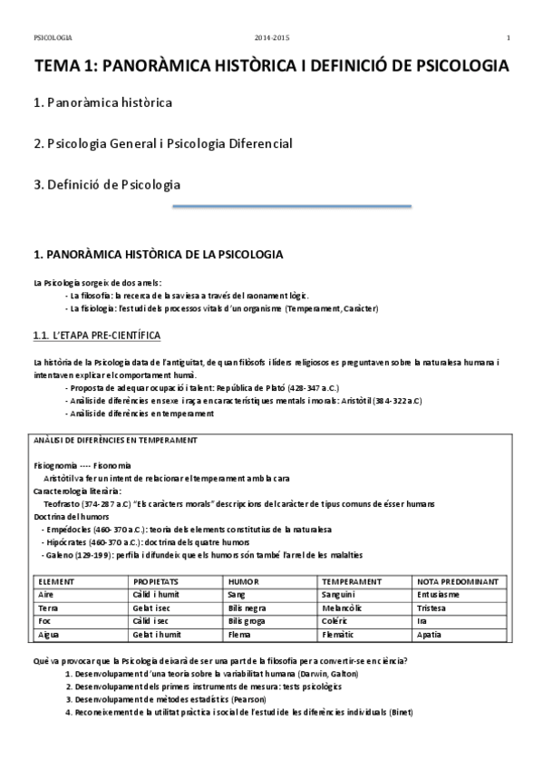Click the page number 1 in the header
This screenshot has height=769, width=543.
coord(509,37)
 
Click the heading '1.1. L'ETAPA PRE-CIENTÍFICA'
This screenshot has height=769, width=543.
coord(96,336)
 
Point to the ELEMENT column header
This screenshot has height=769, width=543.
coord(57,580)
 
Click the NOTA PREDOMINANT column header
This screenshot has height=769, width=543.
coord(458,580)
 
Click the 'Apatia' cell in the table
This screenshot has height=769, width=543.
coord(431,635)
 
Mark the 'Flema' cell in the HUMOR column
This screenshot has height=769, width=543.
coord(241,635)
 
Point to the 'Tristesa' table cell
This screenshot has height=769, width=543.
coord(435,608)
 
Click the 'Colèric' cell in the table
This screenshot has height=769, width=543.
coord(337,621)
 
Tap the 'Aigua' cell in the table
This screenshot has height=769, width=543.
coord(50,635)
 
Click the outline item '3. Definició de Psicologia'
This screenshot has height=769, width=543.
coord(107,185)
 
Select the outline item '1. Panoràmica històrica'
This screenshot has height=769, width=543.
coord(102,102)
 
